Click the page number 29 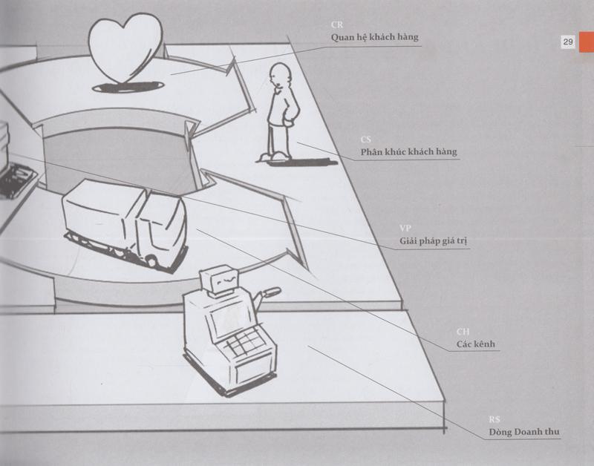567,42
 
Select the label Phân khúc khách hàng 408,152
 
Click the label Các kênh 476,344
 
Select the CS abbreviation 365,140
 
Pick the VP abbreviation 405,229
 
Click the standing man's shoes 275,156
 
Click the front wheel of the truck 151,260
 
